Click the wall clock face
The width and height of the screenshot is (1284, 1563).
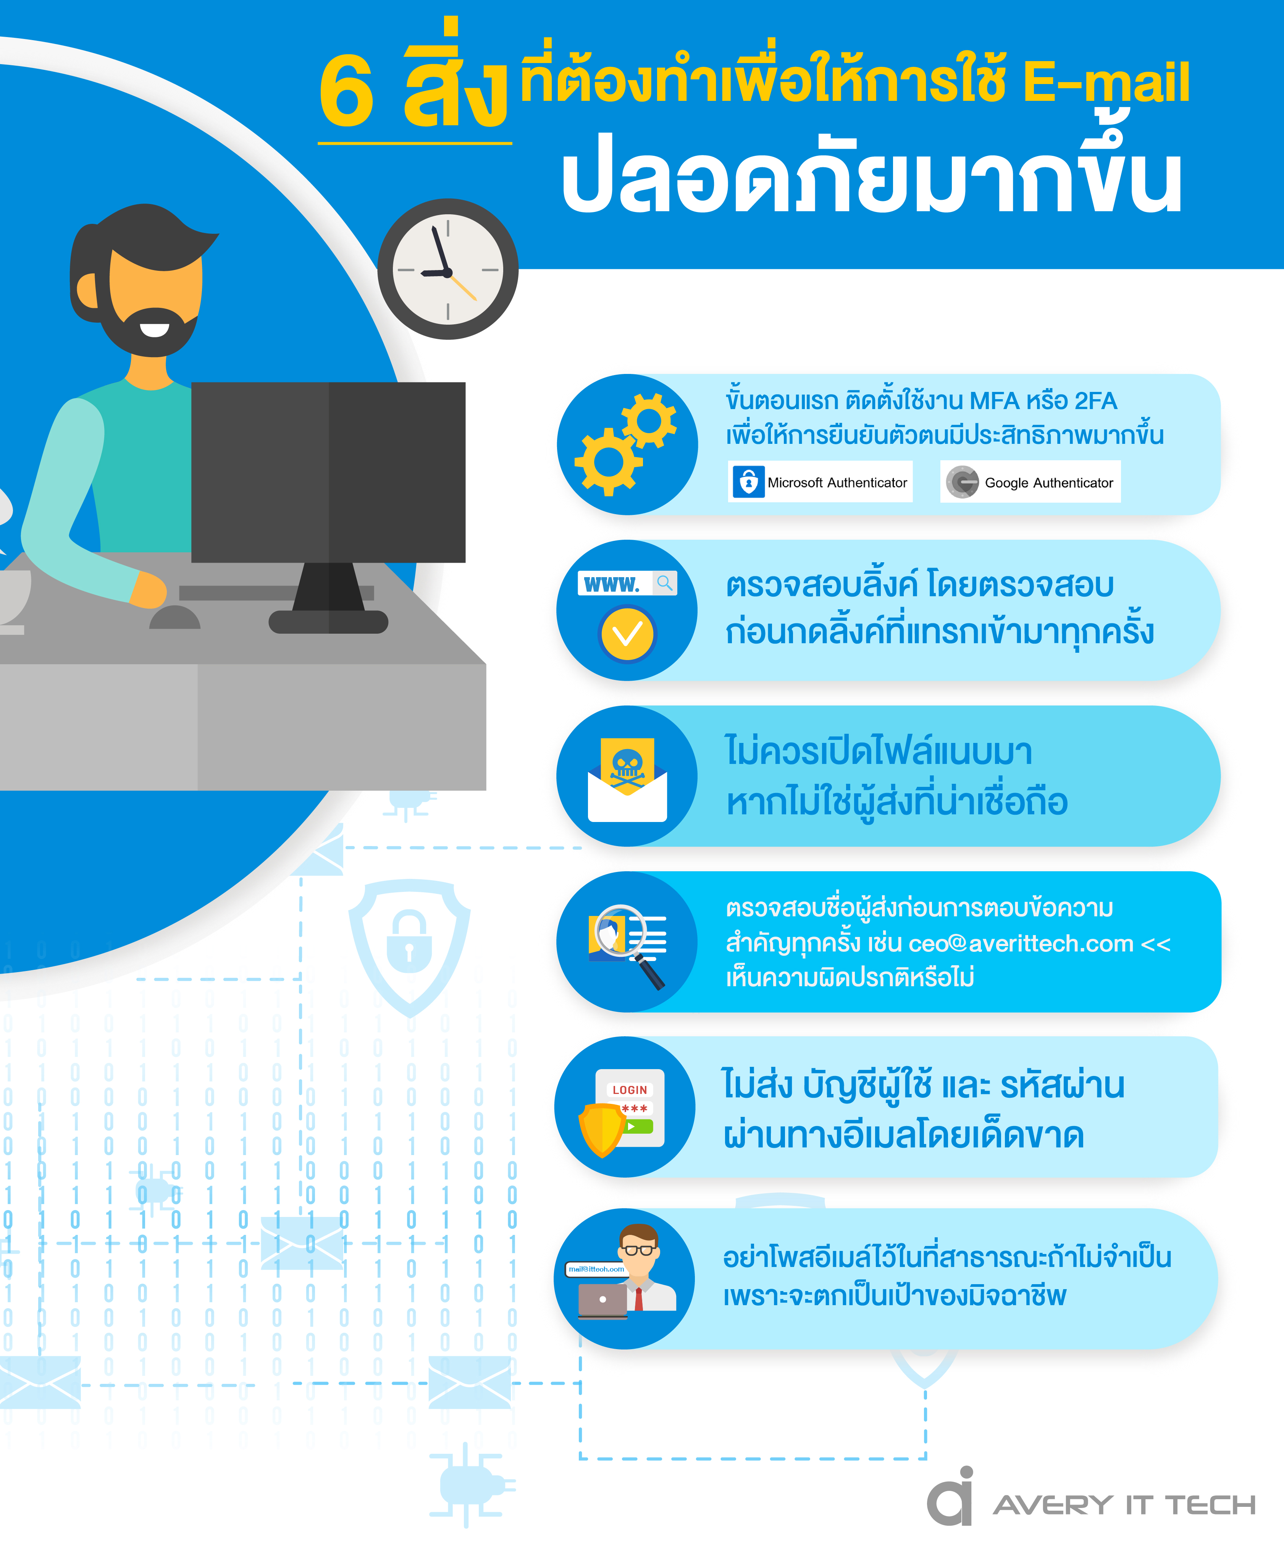pyautogui.click(x=447, y=269)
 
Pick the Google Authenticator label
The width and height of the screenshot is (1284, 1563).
pyautogui.click(x=1030, y=482)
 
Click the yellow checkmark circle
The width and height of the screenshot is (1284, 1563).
pyautogui.click(x=627, y=633)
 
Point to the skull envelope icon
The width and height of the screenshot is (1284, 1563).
pyautogui.click(x=627, y=779)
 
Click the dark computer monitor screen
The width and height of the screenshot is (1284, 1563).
pyautogui.click(x=328, y=472)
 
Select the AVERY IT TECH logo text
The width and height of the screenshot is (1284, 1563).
pyautogui.click(x=1124, y=1505)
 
